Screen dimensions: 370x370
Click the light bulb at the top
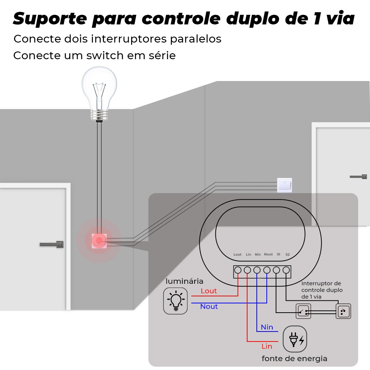tap(99, 94)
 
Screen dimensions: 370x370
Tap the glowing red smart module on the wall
tap(99, 241)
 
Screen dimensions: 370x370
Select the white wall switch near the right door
tap(284, 185)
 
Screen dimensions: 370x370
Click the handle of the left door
tap(52, 244)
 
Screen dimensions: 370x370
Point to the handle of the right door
tap(358, 176)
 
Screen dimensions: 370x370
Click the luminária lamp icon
tap(175, 300)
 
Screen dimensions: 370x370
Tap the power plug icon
tap(295, 339)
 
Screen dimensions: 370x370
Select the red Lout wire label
tap(209, 291)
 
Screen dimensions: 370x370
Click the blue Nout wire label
tap(209, 306)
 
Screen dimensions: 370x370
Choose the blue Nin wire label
tap(267, 327)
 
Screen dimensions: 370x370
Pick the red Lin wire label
tap(267, 346)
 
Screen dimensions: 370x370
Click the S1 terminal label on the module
tap(279, 254)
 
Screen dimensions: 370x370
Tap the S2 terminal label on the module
tap(287, 254)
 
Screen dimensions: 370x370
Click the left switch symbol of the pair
tap(303, 311)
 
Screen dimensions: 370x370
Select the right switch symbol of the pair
tap(343, 311)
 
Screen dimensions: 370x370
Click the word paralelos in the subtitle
tap(196, 39)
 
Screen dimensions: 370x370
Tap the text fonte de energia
tap(295, 359)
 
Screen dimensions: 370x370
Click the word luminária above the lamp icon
tap(184, 281)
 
